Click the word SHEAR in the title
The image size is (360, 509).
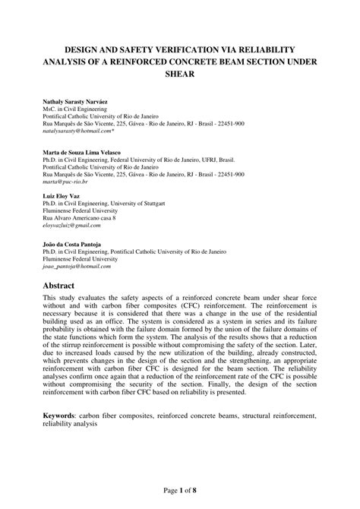click(x=180, y=74)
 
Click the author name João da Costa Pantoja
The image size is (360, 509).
click(x=77, y=245)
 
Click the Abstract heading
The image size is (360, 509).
click(x=62, y=286)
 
